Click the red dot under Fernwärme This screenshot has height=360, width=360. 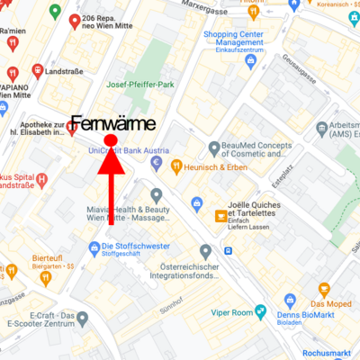(x=111, y=140)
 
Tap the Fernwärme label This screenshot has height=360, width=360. (x=112, y=124)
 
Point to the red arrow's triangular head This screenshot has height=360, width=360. (x=111, y=161)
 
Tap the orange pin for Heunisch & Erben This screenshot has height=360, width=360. (x=175, y=166)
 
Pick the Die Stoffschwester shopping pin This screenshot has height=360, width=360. (x=94, y=247)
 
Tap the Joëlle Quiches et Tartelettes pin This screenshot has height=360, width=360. (x=221, y=216)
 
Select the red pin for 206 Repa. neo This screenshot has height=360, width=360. (x=74, y=21)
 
